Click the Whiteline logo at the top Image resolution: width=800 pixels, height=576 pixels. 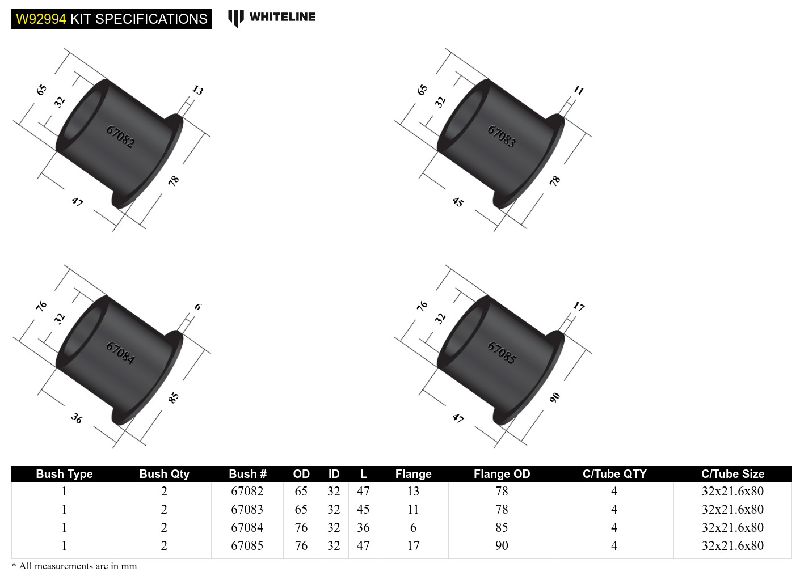(272, 18)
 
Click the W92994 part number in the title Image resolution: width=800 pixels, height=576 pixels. (41, 19)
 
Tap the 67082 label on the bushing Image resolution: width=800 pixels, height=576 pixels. (120, 137)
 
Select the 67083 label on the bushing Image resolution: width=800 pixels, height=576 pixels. (502, 137)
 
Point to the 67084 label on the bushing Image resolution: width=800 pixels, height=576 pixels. (120, 353)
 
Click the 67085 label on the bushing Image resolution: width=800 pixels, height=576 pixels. (502, 353)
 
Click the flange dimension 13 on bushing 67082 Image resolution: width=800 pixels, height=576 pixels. (197, 90)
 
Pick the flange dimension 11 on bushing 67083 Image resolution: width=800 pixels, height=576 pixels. (578, 90)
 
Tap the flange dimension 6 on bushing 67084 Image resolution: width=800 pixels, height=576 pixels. (197, 307)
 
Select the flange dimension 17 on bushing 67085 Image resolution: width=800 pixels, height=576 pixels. (578, 307)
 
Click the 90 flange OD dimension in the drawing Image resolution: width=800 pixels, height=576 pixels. (555, 397)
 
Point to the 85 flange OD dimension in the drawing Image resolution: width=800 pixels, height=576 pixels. (174, 397)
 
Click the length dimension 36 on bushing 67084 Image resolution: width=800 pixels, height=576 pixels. (77, 418)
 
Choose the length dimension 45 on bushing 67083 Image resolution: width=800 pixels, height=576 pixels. (458, 201)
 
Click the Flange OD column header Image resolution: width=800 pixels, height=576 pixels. (502, 474)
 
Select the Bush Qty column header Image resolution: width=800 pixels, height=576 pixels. (164, 474)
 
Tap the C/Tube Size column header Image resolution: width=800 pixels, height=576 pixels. (732, 474)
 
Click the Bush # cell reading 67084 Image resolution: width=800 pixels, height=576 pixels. (247, 527)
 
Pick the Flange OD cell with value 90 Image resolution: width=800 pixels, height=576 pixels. (502, 545)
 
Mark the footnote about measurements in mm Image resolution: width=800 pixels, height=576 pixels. (74, 566)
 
